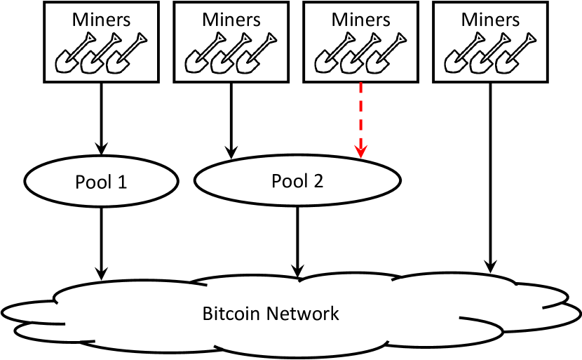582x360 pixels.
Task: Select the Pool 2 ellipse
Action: coord(297,181)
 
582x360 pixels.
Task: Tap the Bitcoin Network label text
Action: coord(271,313)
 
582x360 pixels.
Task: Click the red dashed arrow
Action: coord(360,116)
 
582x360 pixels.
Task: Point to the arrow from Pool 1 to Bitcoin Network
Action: coord(102,239)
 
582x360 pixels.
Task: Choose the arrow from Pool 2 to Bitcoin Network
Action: coord(298,239)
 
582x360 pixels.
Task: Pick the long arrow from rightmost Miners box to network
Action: coord(490,175)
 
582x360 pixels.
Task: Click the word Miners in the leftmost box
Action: coord(102,19)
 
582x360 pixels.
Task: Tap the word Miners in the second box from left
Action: coord(232,19)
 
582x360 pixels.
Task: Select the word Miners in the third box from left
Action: coord(361,19)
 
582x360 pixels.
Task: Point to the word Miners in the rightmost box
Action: coord(491,19)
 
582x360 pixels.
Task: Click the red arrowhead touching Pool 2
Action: coord(360,151)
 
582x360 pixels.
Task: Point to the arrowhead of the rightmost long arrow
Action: coord(490,267)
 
